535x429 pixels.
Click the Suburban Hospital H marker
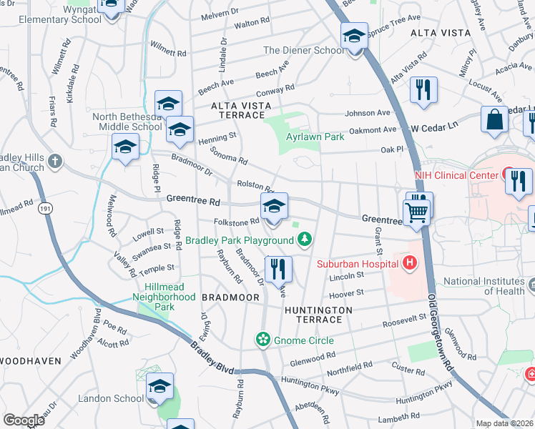[409, 264]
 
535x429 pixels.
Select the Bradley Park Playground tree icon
[305, 240]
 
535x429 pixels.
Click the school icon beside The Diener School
[353, 36]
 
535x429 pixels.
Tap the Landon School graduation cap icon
[159, 387]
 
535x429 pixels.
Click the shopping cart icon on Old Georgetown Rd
[416, 211]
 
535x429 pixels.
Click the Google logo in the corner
[24, 420]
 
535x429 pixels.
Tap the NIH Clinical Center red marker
[511, 173]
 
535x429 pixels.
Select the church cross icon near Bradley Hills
[55, 162]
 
